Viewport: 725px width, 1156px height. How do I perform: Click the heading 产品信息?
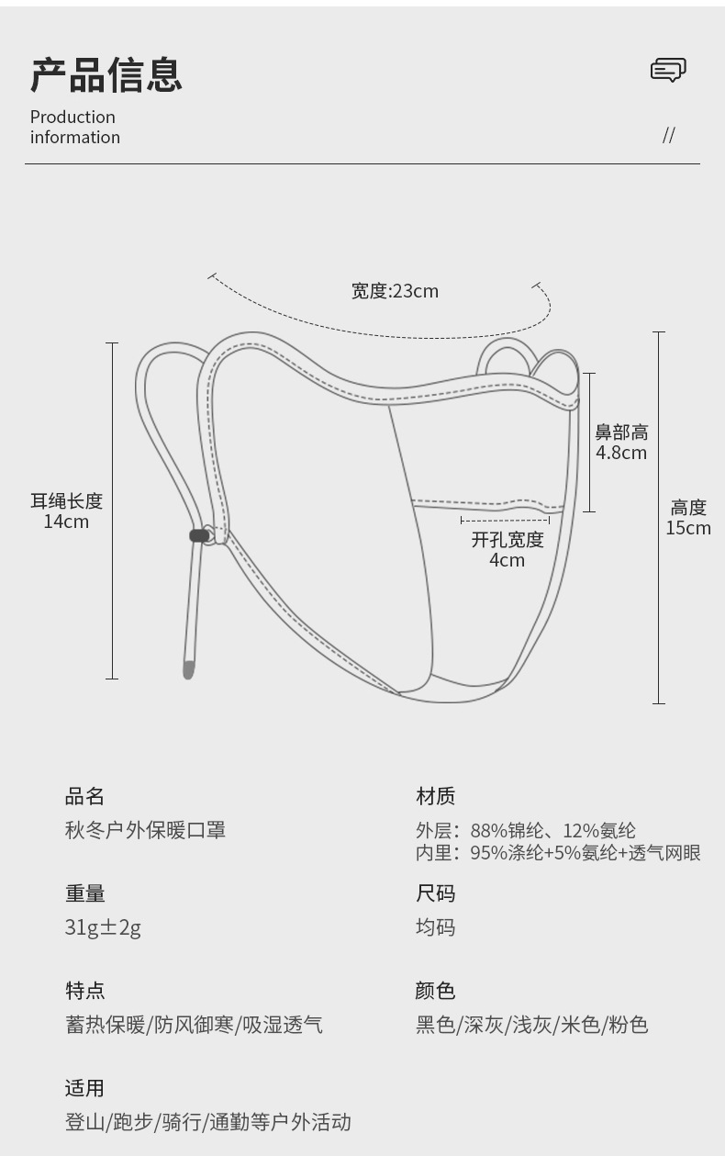pos(106,74)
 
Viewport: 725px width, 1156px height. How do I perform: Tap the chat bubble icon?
pos(668,70)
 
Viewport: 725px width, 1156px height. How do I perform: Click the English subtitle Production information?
pos(74,127)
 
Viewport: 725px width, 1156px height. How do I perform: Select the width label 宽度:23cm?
pos(395,291)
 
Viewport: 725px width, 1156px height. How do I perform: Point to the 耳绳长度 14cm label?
pos(66,511)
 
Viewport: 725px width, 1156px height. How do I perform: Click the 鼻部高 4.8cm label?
pos(621,442)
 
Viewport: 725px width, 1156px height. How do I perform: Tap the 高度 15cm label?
pos(688,517)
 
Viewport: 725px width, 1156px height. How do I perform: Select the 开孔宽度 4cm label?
pos(507,549)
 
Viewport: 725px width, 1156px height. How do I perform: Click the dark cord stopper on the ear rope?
pos(198,535)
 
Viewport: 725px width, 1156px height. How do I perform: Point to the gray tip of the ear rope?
pos(188,669)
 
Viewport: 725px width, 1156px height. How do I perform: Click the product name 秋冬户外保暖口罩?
pos(145,830)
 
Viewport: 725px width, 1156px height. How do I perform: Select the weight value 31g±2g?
pos(103,927)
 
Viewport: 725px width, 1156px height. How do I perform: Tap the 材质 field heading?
pos(435,796)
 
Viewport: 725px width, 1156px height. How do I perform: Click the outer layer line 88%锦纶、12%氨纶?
pos(526,831)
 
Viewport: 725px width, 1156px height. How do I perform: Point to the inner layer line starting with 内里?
pos(558,853)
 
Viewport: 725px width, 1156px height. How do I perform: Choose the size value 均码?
pos(435,927)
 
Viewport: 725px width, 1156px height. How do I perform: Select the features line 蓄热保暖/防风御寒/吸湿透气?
pos(194,1025)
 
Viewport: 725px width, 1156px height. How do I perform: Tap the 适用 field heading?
pos(84,1088)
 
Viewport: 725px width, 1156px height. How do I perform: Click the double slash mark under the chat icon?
pos(668,136)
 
